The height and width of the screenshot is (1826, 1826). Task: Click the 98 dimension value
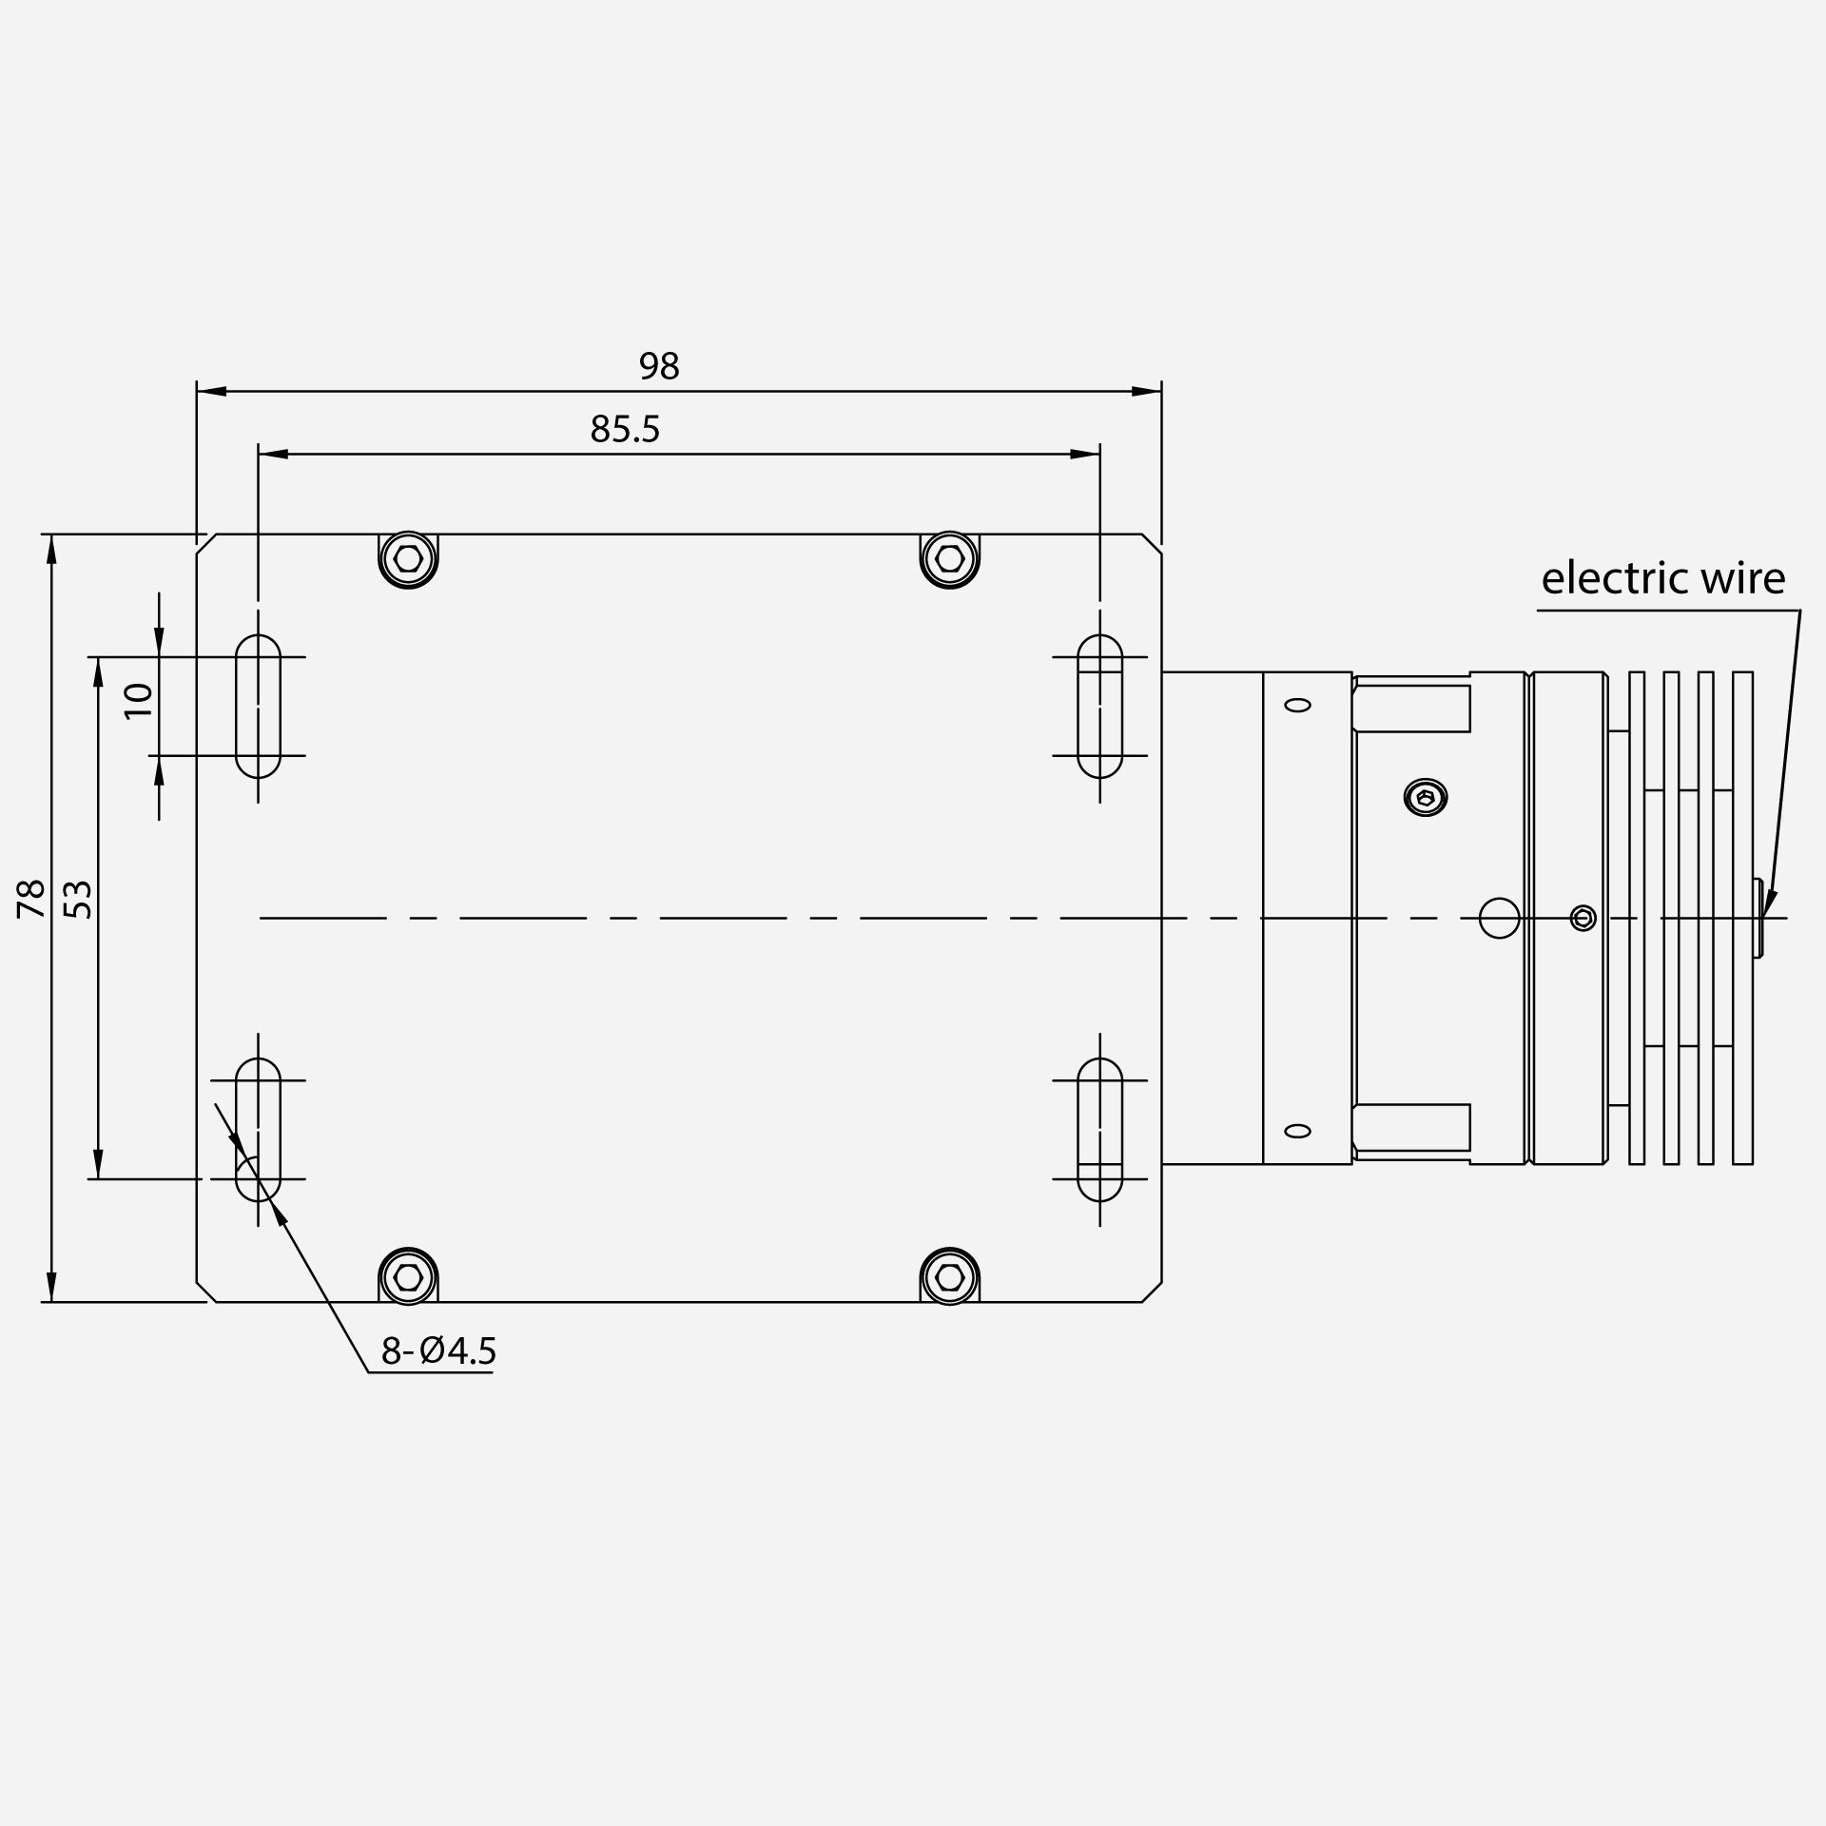(659, 366)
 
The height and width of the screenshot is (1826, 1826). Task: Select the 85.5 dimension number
(625, 430)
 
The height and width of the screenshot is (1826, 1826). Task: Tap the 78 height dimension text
(31, 899)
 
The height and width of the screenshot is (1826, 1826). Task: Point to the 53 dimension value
(82, 900)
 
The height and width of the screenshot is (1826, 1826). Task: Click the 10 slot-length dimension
(140, 701)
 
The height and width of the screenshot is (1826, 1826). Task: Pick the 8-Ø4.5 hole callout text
(438, 1350)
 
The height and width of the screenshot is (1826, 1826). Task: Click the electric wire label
(1663, 578)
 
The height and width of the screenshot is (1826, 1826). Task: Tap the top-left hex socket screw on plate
(408, 558)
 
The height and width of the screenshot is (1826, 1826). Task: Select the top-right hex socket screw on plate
(949, 558)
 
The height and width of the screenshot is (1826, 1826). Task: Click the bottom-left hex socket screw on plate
(408, 1276)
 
